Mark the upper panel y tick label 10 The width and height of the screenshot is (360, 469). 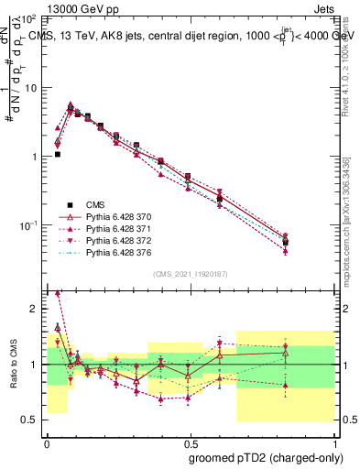tap(31, 88)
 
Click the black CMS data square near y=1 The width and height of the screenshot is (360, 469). tap(58, 155)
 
